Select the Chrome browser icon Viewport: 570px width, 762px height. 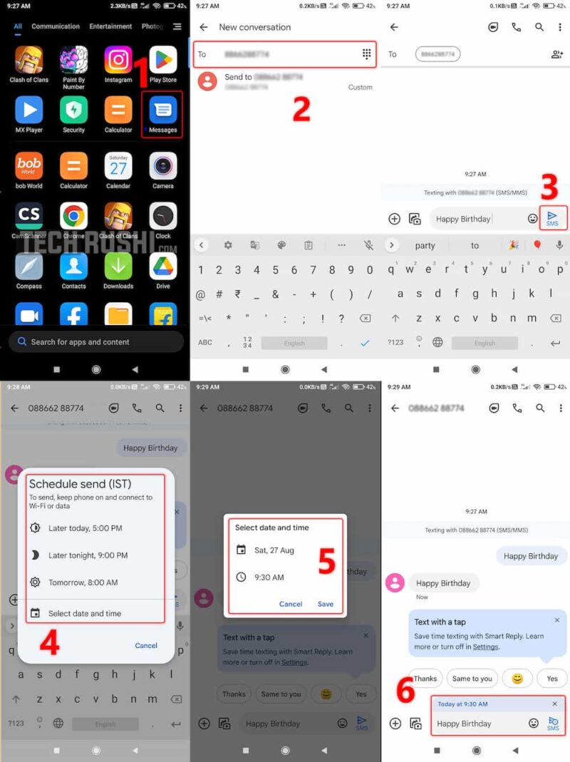pyautogui.click(x=73, y=216)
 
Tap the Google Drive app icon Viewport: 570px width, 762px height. pyautogui.click(x=163, y=267)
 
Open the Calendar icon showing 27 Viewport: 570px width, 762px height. pyautogui.click(x=118, y=166)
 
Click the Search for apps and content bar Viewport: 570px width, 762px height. pyautogui.click(x=95, y=341)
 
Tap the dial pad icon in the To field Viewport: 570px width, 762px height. pyautogui.click(x=367, y=54)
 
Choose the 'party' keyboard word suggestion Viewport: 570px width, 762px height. pyautogui.click(x=425, y=245)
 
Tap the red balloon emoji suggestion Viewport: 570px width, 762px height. pyautogui.click(x=537, y=245)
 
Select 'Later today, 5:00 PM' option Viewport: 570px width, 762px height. pyautogui.click(x=85, y=528)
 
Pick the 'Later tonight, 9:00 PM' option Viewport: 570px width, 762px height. pyautogui.click(x=88, y=555)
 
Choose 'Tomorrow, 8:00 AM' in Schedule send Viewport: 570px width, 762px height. pyautogui.click(x=83, y=582)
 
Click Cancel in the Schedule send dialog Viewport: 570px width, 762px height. pyautogui.click(x=146, y=645)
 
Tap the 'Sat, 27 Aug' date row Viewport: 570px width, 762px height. pyautogui.click(x=274, y=550)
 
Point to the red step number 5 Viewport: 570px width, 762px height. pyautogui.click(x=326, y=562)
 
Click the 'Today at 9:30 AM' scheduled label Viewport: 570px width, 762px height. pyautogui.click(x=462, y=704)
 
